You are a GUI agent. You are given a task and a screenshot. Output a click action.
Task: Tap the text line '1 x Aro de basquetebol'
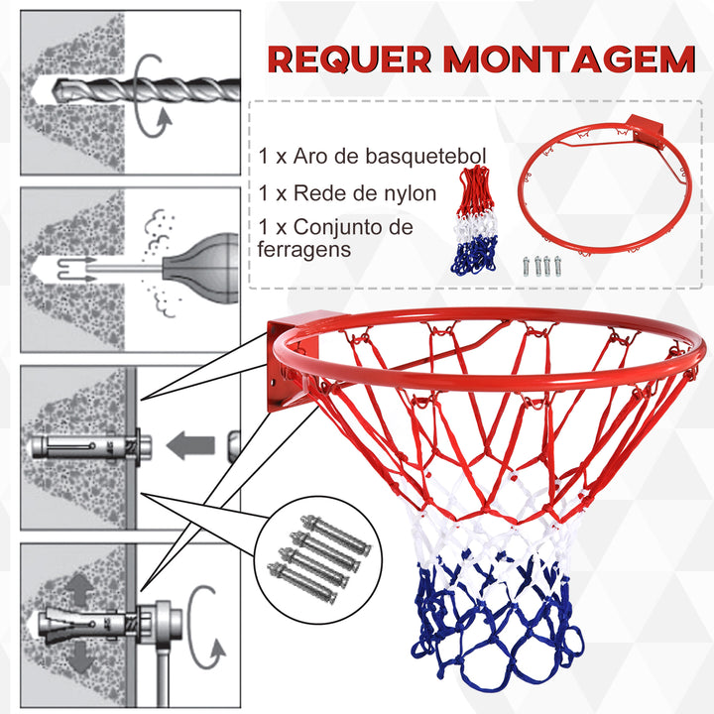tap(372, 157)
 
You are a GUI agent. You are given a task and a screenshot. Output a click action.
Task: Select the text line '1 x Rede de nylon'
tap(346, 192)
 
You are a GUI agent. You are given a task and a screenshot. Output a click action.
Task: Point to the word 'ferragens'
tap(303, 250)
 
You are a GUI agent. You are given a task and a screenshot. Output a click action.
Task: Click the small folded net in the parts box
tap(481, 218)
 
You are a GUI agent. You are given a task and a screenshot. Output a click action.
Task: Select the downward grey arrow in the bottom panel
tap(77, 658)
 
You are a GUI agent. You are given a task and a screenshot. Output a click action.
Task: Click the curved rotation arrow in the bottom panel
tap(210, 625)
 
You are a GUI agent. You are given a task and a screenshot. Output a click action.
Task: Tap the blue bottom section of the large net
tap(496, 625)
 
